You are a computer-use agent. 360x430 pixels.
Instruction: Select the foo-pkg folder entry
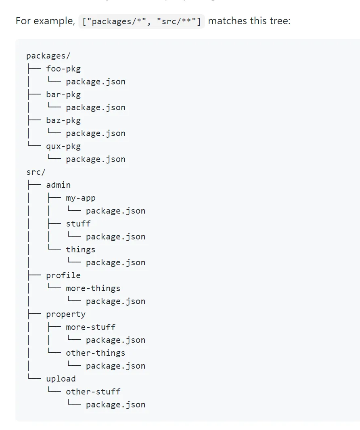[63, 69]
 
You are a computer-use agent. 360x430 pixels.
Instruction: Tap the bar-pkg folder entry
[63, 94]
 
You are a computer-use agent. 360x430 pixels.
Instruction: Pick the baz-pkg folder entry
[63, 120]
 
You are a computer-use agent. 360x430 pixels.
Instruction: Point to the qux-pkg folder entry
[63, 146]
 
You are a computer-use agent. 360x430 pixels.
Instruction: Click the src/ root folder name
[36, 172]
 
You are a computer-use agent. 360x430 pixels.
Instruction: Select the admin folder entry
[59, 185]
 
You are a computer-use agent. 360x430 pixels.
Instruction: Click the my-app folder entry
[81, 198]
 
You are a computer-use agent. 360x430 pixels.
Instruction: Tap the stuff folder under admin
[78, 224]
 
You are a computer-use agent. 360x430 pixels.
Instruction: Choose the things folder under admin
[81, 250]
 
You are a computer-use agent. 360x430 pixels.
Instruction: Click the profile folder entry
[63, 275]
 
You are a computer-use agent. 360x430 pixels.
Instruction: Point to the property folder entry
[66, 314]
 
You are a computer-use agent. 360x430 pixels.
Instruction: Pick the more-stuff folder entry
[91, 327]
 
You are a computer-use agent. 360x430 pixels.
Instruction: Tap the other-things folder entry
[96, 353]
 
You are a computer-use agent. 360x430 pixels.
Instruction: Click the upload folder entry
[61, 379]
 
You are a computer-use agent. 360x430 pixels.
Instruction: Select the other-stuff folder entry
[93, 392]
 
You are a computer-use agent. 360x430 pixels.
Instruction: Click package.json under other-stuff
[115, 405]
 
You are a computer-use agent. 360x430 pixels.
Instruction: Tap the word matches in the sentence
[227, 21]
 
